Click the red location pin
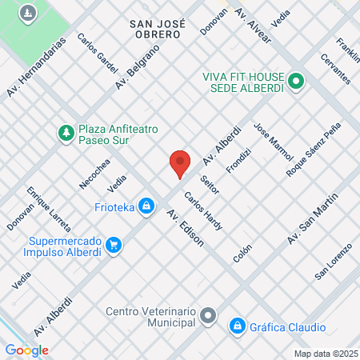[x=180, y=163]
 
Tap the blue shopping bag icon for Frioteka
[x=146, y=207]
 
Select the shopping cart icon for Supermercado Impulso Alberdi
[x=114, y=246]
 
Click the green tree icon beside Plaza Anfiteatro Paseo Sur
[x=66, y=131]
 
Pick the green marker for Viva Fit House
[x=295, y=80]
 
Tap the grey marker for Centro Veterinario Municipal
[x=208, y=315]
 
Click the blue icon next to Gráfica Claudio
[x=237, y=326]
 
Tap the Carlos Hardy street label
[x=202, y=211]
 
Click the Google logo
[x=26, y=350]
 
